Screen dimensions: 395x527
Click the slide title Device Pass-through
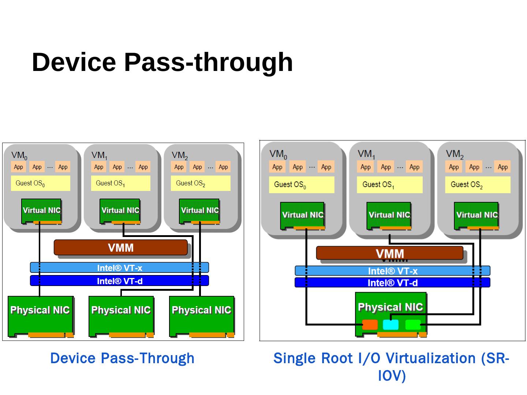click(x=162, y=62)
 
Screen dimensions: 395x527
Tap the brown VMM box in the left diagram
click(x=120, y=248)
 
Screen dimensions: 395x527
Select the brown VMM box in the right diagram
click(x=389, y=253)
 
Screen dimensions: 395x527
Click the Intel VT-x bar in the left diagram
click(x=119, y=268)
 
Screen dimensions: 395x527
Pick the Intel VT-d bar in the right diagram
click(x=392, y=283)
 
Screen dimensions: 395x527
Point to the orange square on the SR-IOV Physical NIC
click(x=370, y=324)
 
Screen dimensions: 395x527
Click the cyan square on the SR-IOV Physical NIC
click(x=390, y=324)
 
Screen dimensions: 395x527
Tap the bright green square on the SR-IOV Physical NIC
click(x=413, y=324)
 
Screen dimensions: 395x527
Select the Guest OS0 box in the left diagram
click(x=40, y=183)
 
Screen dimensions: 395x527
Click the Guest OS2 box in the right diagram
click(x=478, y=185)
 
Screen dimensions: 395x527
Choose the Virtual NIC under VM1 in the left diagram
click(x=120, y=211)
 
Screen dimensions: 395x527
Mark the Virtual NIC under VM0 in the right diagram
click(x=303, y=215)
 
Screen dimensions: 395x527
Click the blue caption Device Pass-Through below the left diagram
click(x=122, y=358)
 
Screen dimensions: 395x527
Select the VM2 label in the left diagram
click(x=180, y=155)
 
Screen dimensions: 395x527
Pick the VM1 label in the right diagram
click(x=366, y=154)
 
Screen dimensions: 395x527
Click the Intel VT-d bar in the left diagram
click(x=119, y=281)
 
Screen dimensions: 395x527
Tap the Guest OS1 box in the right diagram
click(x=389, y=185)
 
